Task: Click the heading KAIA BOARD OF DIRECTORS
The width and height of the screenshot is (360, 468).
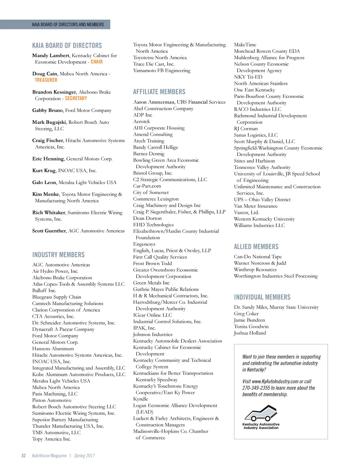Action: point(67,46)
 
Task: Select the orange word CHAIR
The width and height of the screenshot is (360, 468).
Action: point(97,62)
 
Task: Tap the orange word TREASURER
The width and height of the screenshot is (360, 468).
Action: point(46,80)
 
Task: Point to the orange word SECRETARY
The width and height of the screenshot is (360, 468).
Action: point(76,99)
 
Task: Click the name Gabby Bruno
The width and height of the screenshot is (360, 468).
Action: point(47,110)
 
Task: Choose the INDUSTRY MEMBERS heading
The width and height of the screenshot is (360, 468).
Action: point(58,255)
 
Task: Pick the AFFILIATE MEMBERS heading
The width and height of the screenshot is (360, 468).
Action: point(159,92)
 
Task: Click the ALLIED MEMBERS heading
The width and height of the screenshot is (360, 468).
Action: point(256,247)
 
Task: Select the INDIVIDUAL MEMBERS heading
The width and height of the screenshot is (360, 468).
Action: point(262,297)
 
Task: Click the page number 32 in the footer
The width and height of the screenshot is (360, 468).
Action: point(24,456)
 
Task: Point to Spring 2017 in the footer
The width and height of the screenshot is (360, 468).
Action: point(84,456)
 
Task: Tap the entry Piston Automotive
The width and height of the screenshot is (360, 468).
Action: point(52,400)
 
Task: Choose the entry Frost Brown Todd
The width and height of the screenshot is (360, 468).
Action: point(152,264)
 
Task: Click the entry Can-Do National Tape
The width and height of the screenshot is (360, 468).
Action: point(258,257)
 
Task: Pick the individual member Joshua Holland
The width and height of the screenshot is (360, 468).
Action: point(250,333)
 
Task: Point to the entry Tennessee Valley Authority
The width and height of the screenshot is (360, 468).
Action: point(262,167)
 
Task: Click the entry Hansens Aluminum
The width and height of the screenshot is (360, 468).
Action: point(53,349)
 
